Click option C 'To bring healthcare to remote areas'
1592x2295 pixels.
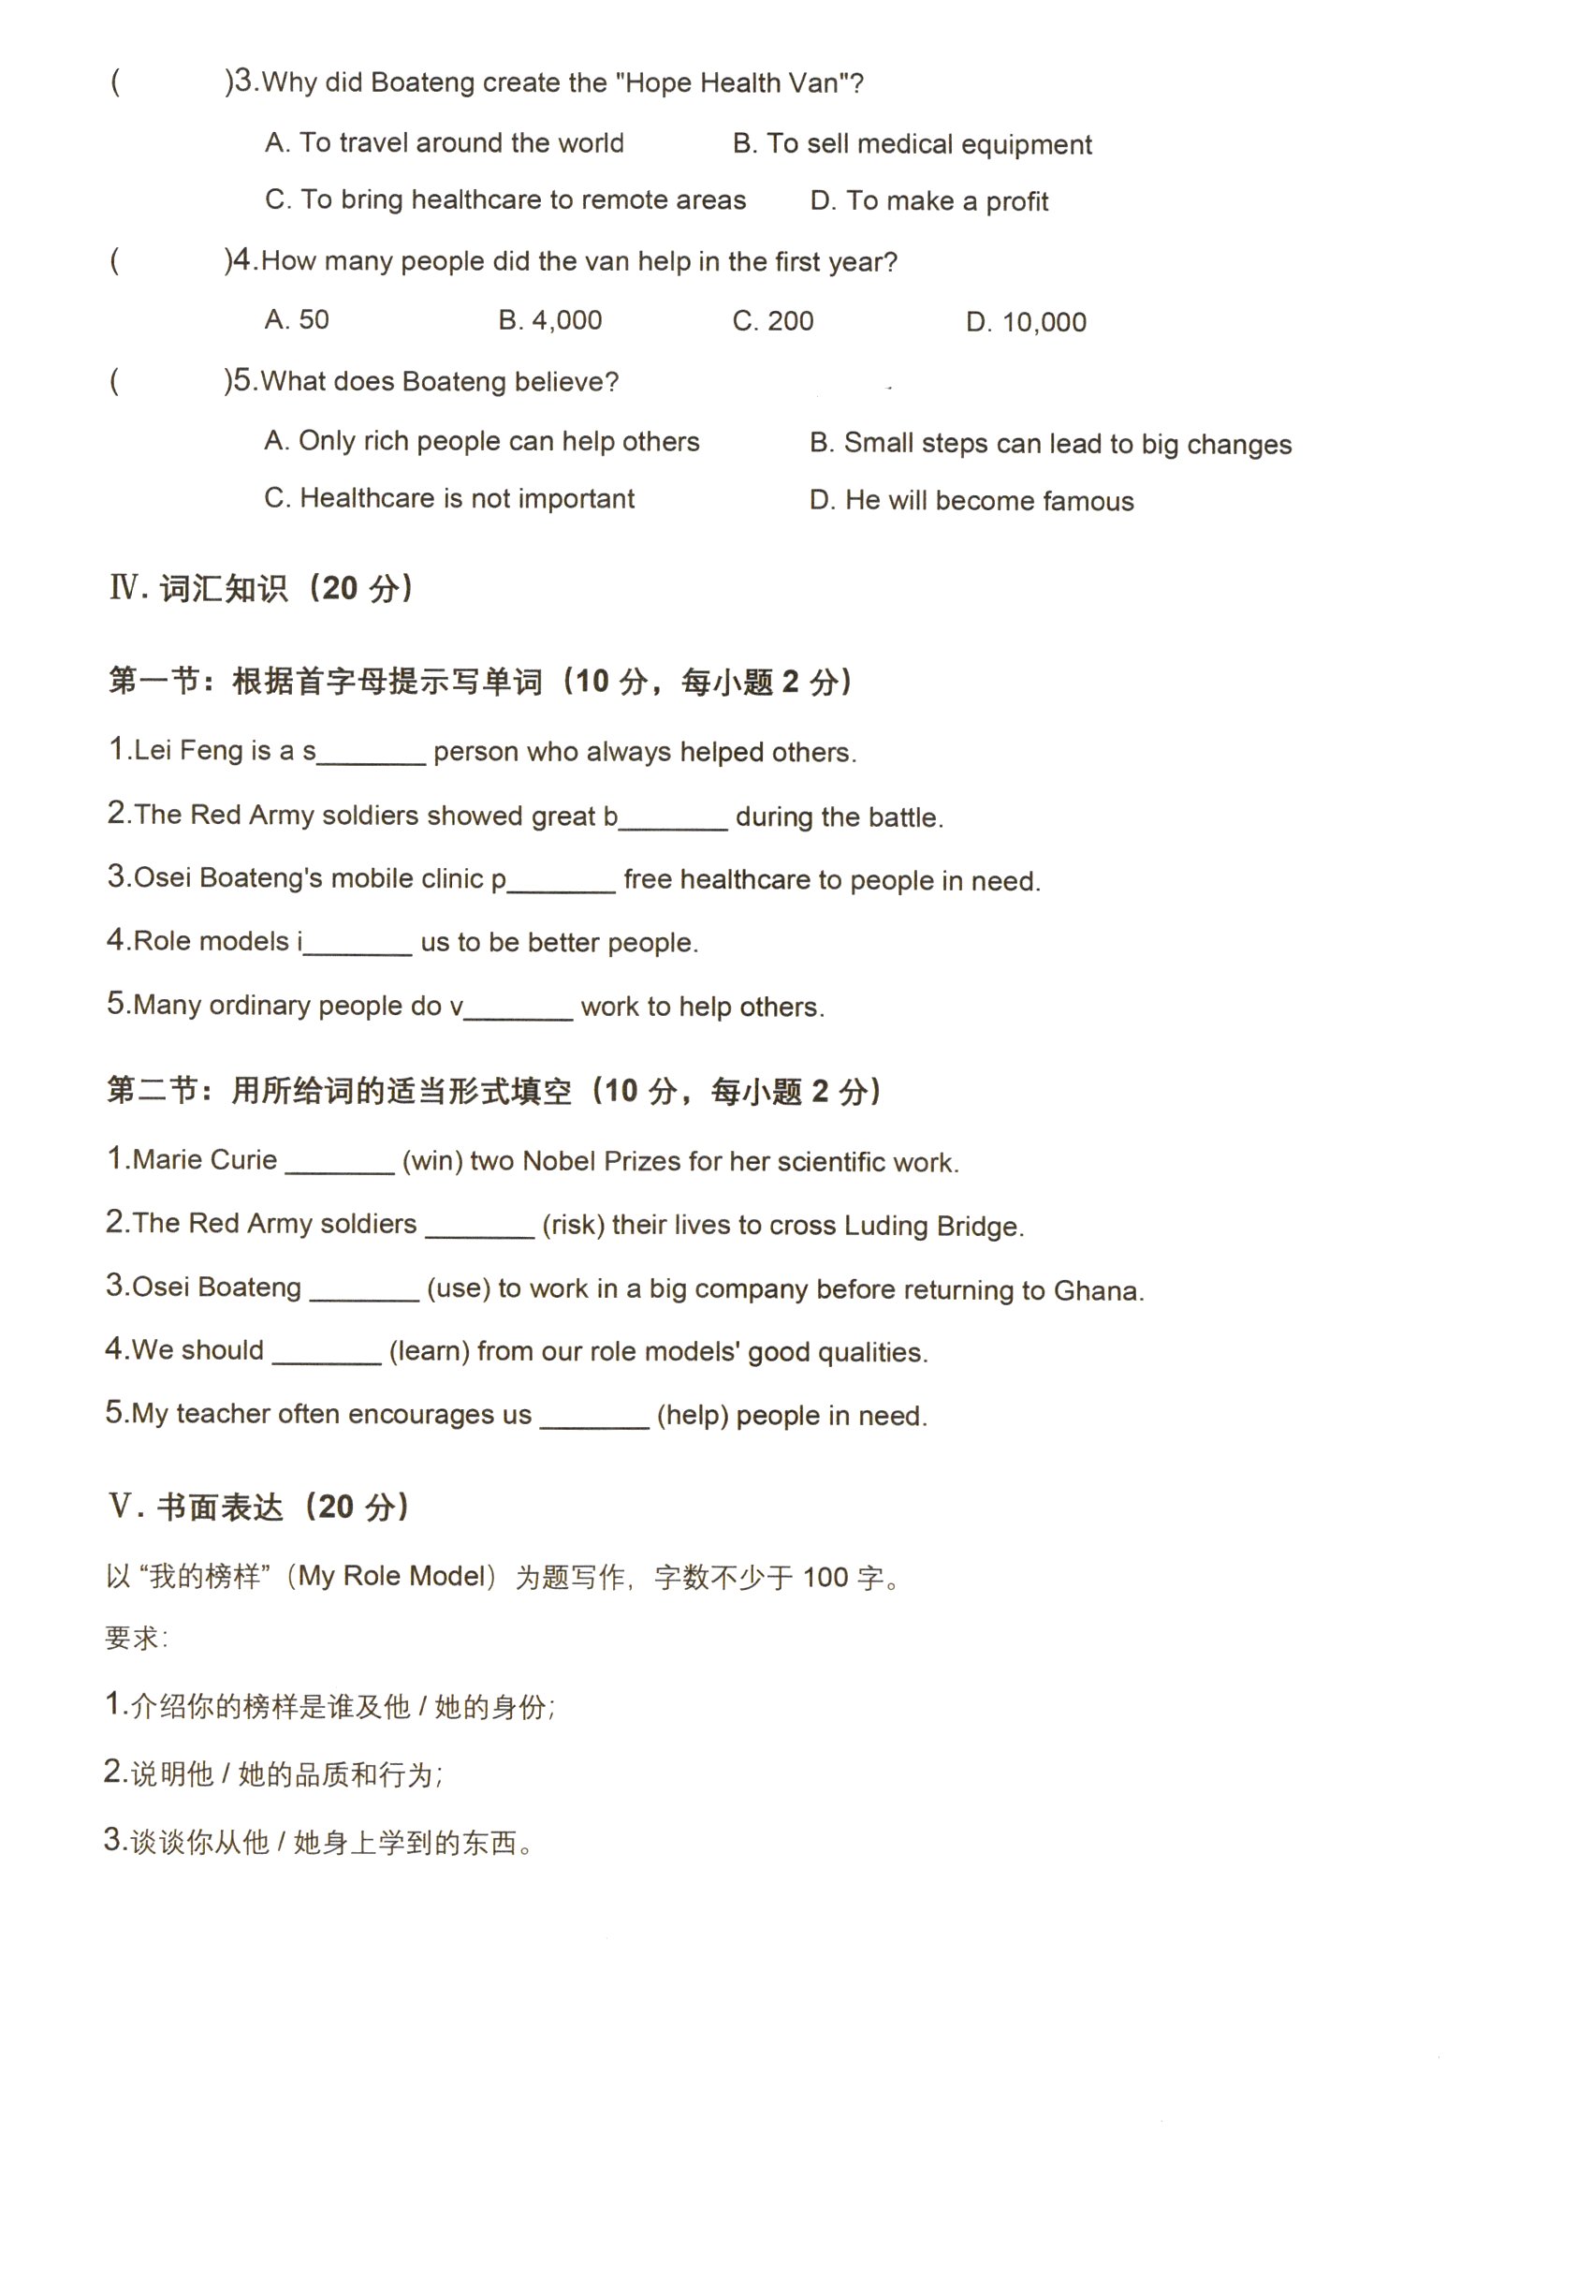point(504,199)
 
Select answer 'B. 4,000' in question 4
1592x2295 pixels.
point(549,320)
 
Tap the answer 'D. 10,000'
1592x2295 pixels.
point(1026,322)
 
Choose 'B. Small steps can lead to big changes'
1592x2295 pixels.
point(1049,443)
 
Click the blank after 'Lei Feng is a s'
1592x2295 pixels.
point(370,756)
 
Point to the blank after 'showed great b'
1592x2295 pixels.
point(672,820)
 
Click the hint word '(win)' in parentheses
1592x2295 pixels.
point(431,1161)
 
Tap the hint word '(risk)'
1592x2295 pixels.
point(573,1226)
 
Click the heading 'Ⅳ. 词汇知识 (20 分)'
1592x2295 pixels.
point(261,589)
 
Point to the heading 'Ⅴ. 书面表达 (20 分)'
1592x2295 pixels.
point(257,1507)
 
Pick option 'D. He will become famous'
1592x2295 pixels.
point(971,500)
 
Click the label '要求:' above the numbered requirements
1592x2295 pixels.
point(136,1639)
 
